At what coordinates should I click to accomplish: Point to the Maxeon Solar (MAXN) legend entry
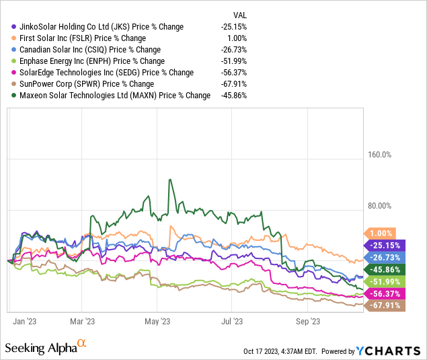(111, 96)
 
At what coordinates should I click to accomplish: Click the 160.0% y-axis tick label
(379, 154)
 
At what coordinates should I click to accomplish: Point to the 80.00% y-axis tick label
(379, 205)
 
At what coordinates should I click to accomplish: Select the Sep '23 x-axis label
(307, 322)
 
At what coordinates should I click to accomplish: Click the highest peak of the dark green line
(170, 179)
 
